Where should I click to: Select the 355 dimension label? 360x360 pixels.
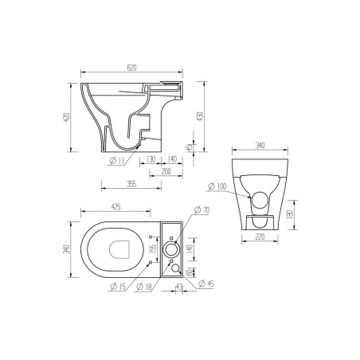tap(132, 184)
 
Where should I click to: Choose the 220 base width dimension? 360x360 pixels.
tap(258, 237)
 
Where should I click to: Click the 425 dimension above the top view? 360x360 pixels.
tap(115, 207)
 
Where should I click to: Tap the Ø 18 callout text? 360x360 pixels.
tap(143, 286)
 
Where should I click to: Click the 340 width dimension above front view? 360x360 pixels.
tap(258, 146)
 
